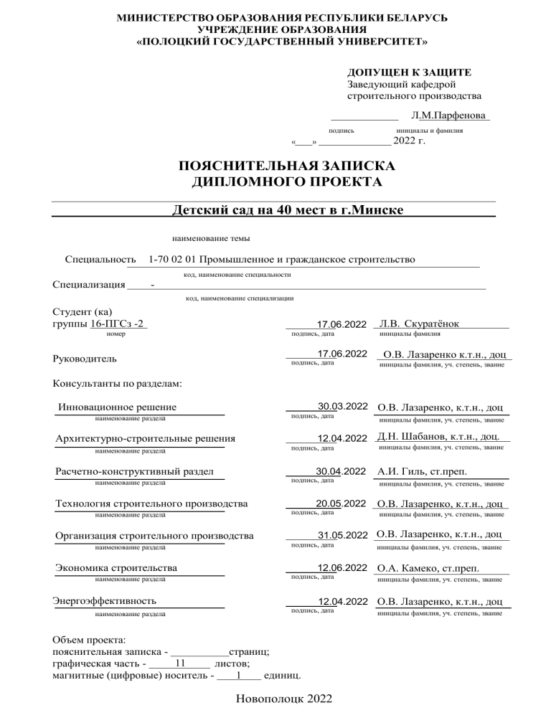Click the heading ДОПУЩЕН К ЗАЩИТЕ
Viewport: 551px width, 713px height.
tap(409, 73)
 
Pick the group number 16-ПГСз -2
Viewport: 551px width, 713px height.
tap(118, 324)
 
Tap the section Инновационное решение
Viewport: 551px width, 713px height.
tap(118, 408)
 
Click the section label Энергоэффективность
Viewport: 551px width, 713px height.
tap(105, 600)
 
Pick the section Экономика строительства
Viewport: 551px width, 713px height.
tap(116, 569)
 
